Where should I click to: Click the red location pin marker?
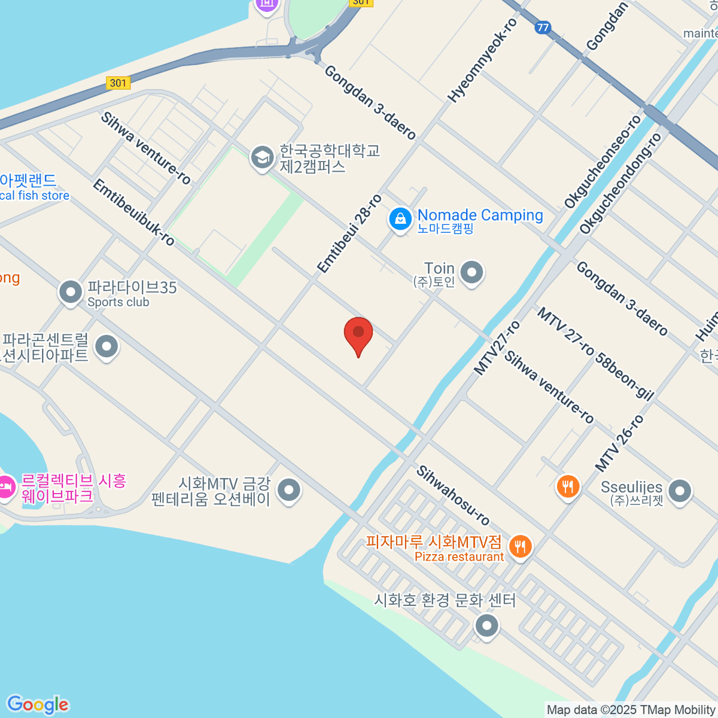358,334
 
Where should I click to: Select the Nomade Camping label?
480,215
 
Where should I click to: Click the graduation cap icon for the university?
261,158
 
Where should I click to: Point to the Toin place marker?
472,273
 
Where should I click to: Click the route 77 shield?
543,28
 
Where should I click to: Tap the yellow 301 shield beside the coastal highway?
118,83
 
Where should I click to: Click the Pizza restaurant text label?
459,557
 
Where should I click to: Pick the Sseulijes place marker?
680,491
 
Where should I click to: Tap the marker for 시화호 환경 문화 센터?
486,626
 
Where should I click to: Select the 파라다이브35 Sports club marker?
71,293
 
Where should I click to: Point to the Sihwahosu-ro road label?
453,495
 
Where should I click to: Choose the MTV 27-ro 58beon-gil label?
595,353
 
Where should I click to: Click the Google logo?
38,705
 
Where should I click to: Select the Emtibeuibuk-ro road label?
133,212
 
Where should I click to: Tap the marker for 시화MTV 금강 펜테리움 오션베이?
290,490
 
